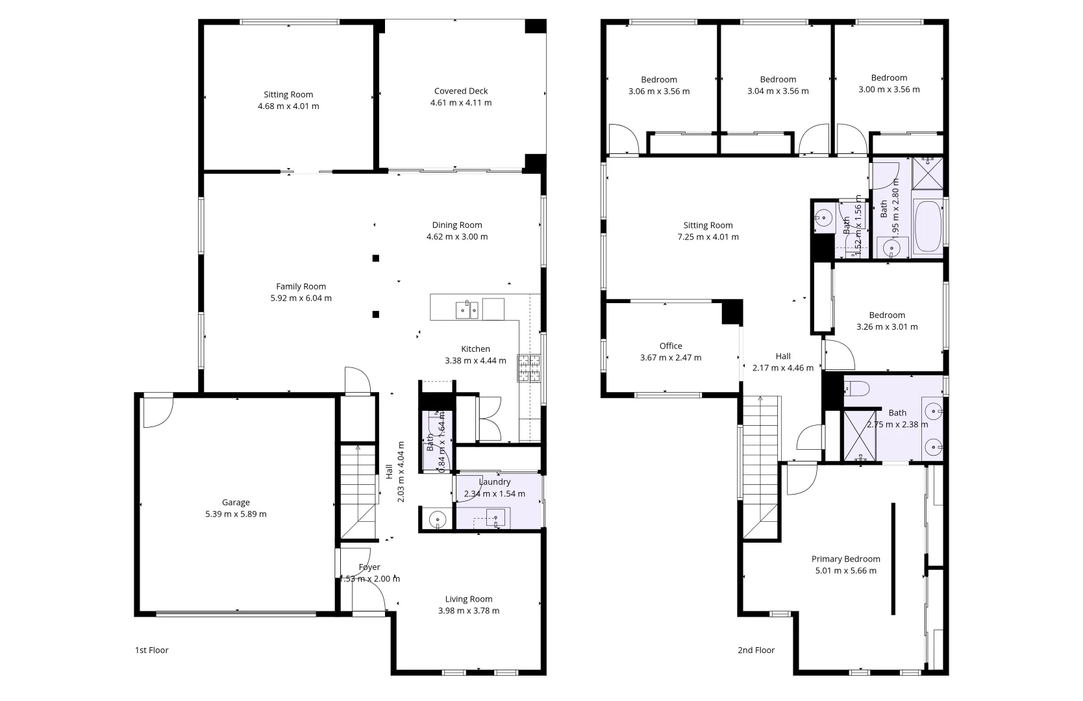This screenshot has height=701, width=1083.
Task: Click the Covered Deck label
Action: [x=460, y=91]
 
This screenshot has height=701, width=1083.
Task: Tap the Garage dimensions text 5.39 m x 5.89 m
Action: [x=236, y=514]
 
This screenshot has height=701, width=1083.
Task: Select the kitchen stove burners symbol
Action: [x=529, y=367]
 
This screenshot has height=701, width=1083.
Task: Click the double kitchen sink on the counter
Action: [x=467, y=310]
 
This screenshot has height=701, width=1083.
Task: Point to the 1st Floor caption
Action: [x=151, y=650]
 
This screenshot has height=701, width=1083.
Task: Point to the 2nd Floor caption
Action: [x=756, y=650]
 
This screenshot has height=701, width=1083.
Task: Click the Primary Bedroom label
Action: [x=845, y=559]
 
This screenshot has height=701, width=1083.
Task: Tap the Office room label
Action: [x=671, y=346]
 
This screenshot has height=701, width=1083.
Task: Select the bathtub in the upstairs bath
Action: [x=927, y=227]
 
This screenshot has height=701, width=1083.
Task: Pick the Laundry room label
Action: [x=495, y=482]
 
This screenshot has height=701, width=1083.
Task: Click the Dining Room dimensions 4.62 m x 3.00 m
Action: [x=457, y=237]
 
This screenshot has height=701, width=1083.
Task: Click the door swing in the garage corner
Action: [x=156, y=412]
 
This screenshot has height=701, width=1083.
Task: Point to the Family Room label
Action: [x=301, y=286]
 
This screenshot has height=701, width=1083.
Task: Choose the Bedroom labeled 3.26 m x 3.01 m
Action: [x=887, y=315]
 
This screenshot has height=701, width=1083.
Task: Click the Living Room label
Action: [x=468, y=599]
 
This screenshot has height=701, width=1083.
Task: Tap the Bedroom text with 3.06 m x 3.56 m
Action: [x=659, y=80]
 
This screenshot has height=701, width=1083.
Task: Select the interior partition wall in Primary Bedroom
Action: [x=893, y=558]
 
